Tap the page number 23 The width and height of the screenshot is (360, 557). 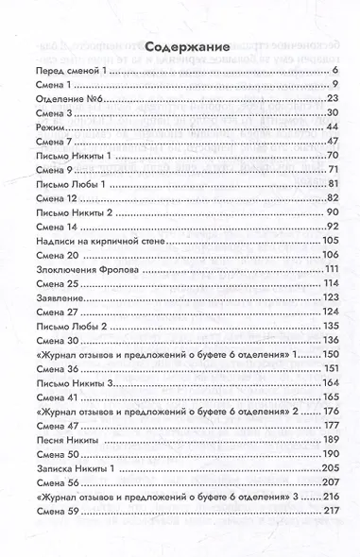[x=333, y=99]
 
